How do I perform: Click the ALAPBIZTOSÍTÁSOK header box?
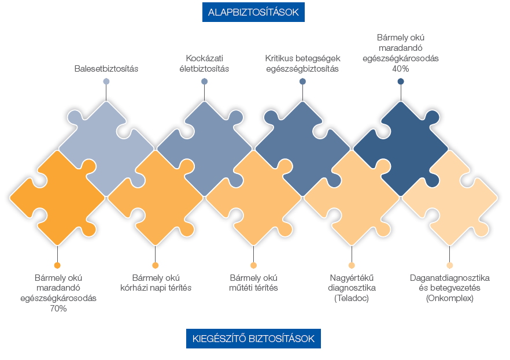[253, 12]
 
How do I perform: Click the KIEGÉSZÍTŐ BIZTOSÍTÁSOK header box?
[253, 339]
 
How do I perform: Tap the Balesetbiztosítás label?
[106, 69]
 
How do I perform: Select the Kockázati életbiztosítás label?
[204, 64]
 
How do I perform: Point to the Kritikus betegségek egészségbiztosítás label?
[302, 64]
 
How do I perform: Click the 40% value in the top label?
[400, 69]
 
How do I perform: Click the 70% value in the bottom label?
[58, 309]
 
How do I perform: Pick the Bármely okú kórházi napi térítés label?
[156, 283]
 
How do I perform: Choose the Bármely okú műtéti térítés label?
[253, 283]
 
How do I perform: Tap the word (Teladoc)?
[352, 298]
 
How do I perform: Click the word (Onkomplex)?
[449, 298]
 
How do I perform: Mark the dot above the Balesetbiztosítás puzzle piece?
[106, 81]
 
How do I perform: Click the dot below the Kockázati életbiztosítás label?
[204, 81]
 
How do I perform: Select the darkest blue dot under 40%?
[401, 81]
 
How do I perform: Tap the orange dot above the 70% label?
[58, 265]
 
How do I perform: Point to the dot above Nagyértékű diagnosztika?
[352, 265]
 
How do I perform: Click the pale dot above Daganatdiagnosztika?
[449, 265]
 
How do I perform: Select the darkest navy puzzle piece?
[401, 149]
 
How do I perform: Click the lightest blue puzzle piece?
[106, 149]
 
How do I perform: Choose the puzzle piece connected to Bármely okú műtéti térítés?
[253, 198]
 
